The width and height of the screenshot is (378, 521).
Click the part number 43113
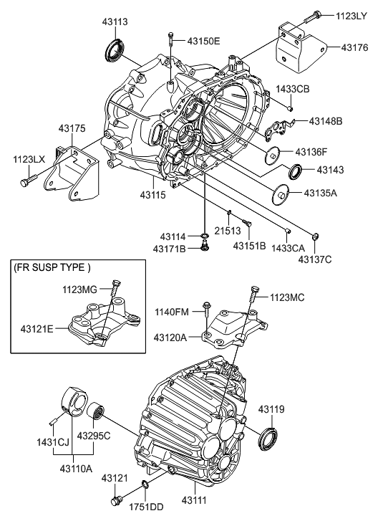click(x=116, y=22)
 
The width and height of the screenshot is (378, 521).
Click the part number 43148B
click(x=326, y=121)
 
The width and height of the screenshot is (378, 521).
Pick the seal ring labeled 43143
click(x=293, y=172)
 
